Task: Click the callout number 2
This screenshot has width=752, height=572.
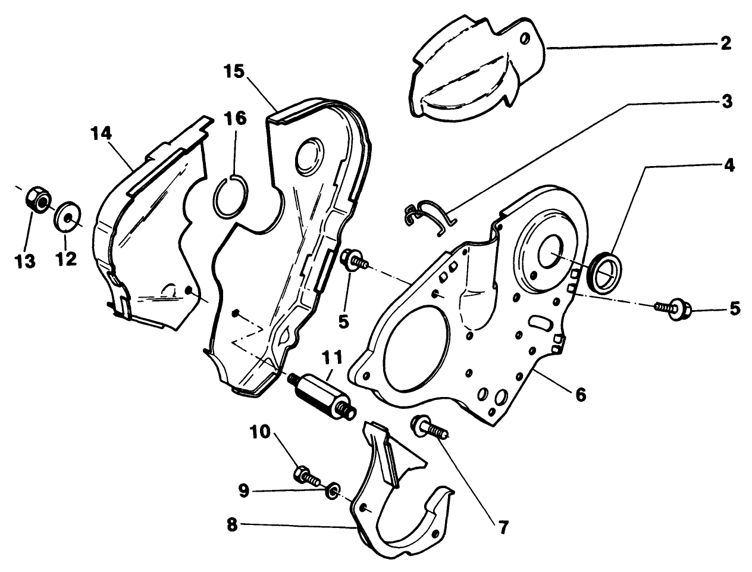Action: [x=725, y=43]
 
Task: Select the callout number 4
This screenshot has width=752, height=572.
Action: [x=728, y=165]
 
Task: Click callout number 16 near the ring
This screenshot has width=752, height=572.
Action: [x=236, y=118]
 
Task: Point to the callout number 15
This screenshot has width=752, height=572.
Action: [x=234, y=73]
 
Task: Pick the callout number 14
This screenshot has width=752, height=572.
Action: [x=101, y=133]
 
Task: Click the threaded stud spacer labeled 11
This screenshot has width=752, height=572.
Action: [x=321, y=395]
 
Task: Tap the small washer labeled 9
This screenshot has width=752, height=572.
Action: [x=333, y=490]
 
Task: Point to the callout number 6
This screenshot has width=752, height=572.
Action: [x=581, y=393]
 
